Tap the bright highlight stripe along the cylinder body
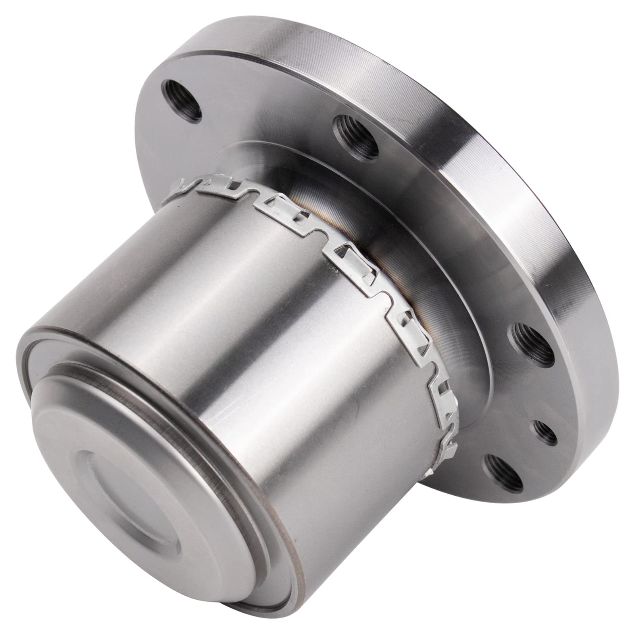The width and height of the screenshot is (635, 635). click(230, 317)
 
